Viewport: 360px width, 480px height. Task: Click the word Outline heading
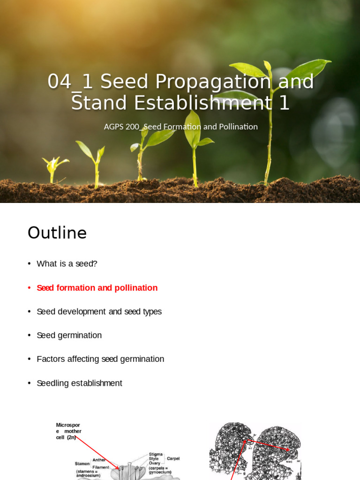pyautogui.click(x=57, y=233)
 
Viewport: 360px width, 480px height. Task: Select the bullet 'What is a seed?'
pyautogui.click(x=67, y=264)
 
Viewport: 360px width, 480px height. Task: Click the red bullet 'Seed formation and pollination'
pyautogui.click(x=97, y=288)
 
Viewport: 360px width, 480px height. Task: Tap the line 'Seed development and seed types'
pyautogui.click(x=99, y=312)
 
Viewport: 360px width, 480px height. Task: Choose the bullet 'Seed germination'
pyautogui.click(x=69, y=336)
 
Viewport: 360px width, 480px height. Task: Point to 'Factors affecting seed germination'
pyautogui.click(x=100, y=359)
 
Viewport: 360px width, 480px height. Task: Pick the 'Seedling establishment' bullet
pyautogui.click(x=79, y=383)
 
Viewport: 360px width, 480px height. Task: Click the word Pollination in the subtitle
pyautogui.click(x=237, y=127)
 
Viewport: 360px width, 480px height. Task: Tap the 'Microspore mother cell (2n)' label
pyautogui.click(x=68, y=431)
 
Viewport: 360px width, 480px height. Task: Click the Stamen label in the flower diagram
pyautogui.click(x=82, y=464)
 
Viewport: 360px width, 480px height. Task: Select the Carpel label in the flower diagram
pyautogui.click(x=173, y=458)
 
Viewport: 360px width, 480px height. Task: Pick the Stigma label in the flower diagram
pyautogui.click(x=156, y=454)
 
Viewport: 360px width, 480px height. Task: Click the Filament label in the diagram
pyautogui.click(x=101, y=467)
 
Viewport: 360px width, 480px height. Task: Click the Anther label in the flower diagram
pyautogui.click(x=99, y=460)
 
